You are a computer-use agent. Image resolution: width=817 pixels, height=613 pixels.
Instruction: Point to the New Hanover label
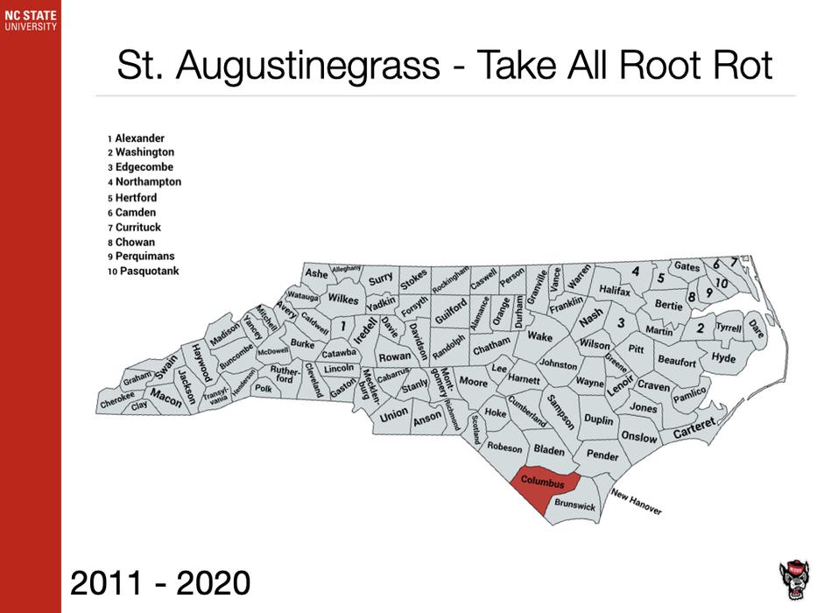(x=637, y=500)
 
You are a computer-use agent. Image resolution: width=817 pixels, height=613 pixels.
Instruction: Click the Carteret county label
(x=694, y=429)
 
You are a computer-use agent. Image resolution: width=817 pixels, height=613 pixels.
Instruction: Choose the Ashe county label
(x=316, y=274)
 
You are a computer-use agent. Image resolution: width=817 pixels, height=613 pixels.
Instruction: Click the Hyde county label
(x=723, y=358)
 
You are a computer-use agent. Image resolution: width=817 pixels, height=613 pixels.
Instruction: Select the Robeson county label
(x=505, y=447)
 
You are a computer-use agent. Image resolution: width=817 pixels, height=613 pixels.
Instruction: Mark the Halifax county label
(x=615, y=290)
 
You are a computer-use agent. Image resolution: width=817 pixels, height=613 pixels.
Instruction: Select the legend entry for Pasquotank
(x=146, y=271)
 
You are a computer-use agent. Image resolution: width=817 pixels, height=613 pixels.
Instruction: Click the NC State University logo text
(x=30, y=20)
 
